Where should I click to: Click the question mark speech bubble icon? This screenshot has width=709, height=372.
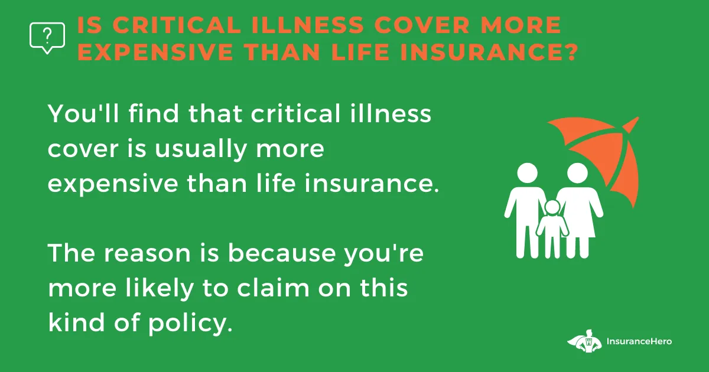coord(47,38)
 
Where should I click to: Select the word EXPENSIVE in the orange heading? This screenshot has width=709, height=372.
coord(155,52)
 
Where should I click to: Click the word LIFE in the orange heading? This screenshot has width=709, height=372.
coord(360,52)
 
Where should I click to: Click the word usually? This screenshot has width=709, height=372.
coord(200,150)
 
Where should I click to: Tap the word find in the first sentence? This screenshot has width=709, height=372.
coord(154,113)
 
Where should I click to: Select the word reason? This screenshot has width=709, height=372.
coord(148,254)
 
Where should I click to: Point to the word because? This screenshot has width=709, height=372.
coord(282,253)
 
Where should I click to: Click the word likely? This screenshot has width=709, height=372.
coord(160,289)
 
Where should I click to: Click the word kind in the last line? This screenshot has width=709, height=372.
coord(76,322)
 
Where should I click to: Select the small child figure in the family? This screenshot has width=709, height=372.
coord(552,229)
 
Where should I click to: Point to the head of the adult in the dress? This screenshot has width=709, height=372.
coord(577,174)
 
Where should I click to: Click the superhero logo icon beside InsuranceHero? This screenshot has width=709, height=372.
coord(584,341)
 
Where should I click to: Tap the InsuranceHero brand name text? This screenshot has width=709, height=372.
coord(639,341)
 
